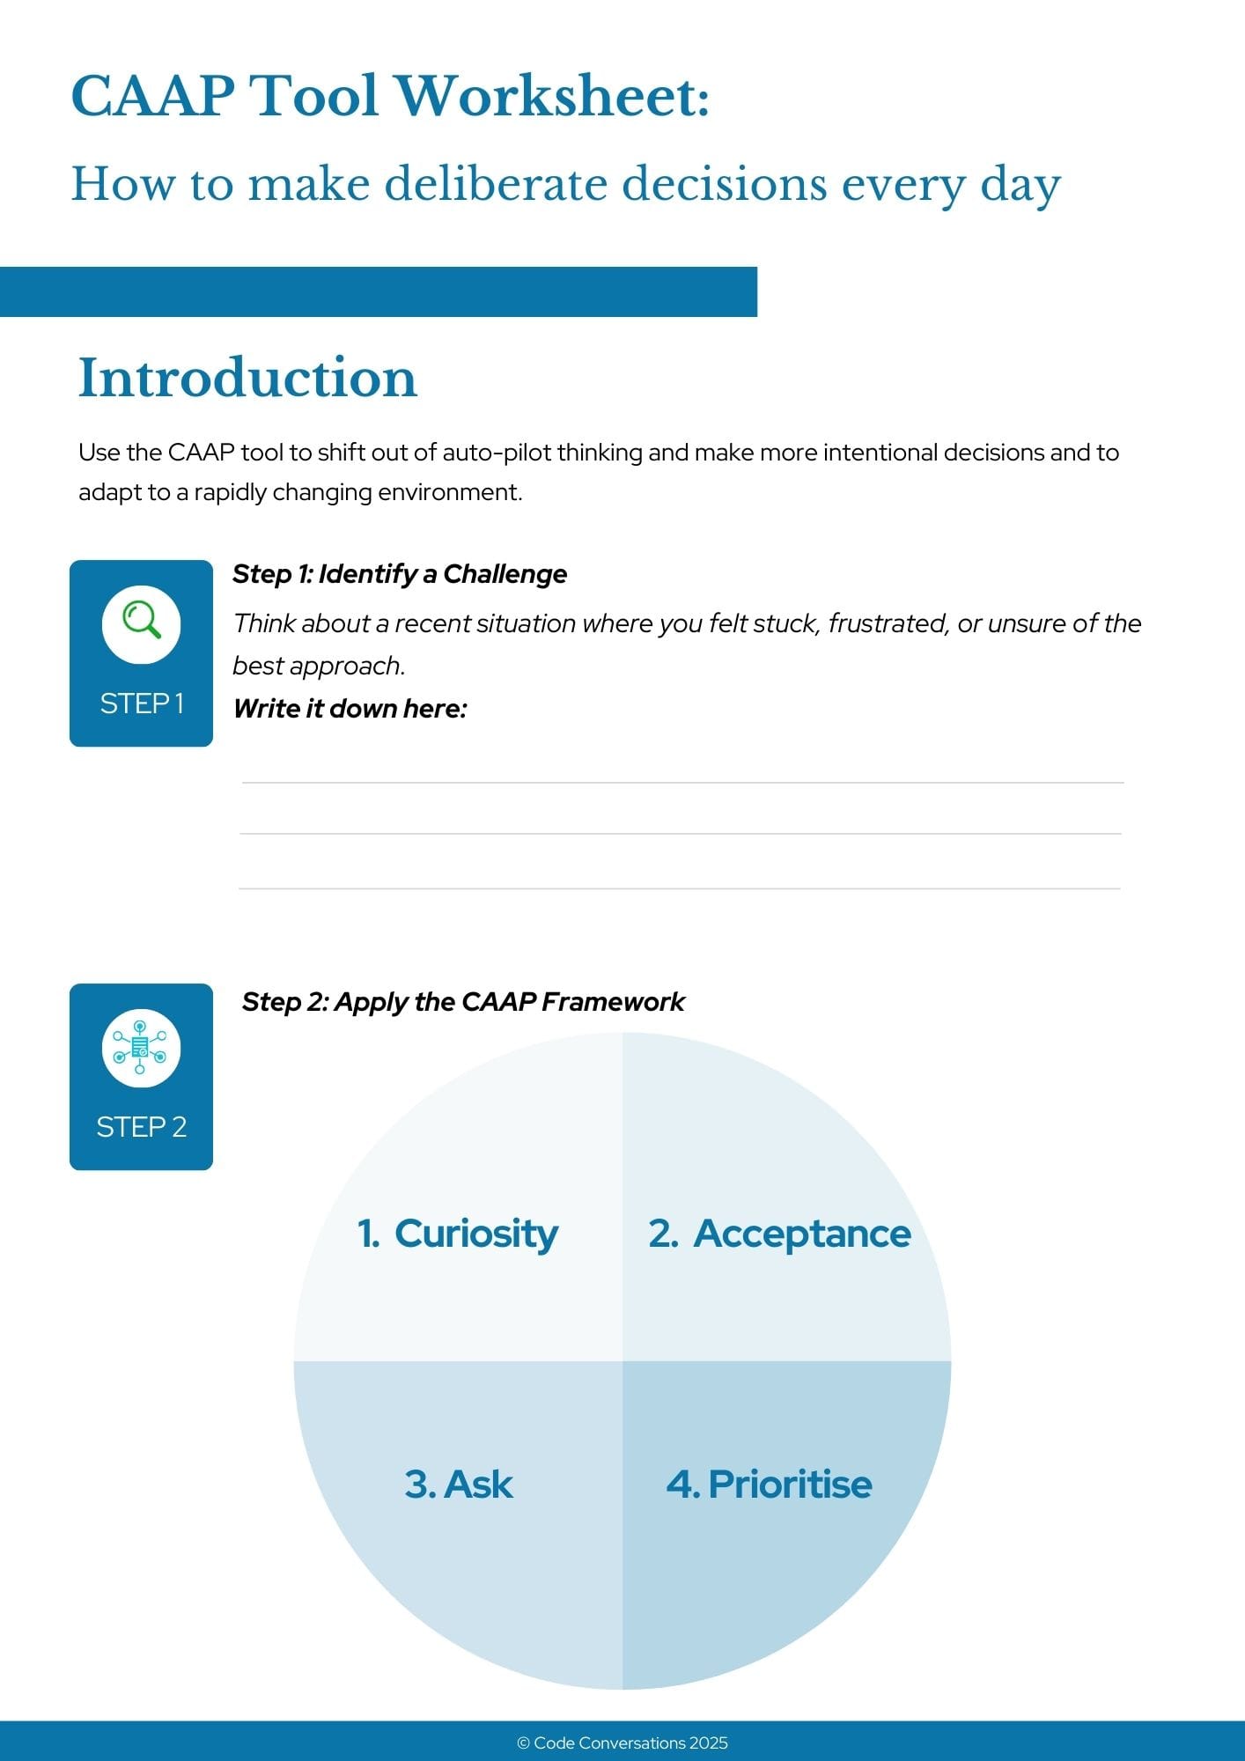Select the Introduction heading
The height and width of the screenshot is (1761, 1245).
coord(247,378)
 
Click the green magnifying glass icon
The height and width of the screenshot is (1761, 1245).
coord(142,620)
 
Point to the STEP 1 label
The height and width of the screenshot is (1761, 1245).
coord(142,704)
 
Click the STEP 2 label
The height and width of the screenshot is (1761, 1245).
coord(142,1127)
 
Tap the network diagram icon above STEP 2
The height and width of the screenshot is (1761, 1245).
coord(141,1048)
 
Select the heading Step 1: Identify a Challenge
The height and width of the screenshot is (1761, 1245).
coord(400,574)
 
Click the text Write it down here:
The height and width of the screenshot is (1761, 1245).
coord(350,709)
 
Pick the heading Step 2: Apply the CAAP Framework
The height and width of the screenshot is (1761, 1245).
coord(463,1002)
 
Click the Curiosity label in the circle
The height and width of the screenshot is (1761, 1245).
coord(475,1234)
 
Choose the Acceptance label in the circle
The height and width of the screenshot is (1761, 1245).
coord(801,1234)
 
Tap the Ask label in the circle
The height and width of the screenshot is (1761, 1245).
coord(477,1484)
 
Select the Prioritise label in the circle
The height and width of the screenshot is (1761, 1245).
coord(789,1484)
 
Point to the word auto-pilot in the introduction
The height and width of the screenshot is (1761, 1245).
coord(497,453)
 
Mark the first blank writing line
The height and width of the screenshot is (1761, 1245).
coord(682,782)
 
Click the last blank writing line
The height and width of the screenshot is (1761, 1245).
coord(680,888)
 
